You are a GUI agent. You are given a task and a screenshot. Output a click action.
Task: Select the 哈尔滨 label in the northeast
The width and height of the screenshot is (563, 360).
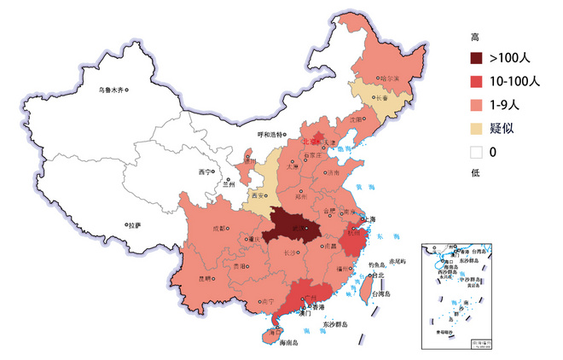point(389,78)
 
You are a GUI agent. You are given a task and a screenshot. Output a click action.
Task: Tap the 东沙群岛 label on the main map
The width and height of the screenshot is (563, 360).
point(339,324)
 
